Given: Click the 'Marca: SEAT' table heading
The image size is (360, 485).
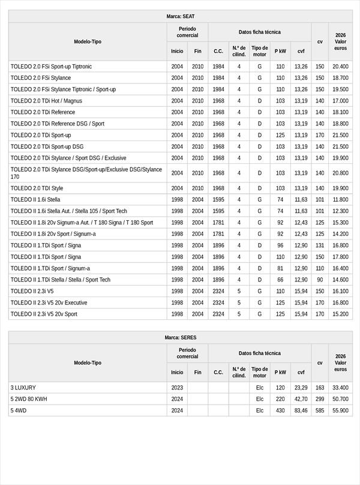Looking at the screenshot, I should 180,16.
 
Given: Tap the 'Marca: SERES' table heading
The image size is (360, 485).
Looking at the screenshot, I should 180,337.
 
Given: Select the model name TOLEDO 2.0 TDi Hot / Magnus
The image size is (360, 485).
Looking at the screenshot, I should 46,101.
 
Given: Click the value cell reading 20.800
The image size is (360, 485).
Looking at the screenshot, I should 340,173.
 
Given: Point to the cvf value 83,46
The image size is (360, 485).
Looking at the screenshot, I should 301,411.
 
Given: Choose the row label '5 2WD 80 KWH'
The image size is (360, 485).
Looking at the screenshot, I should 29,399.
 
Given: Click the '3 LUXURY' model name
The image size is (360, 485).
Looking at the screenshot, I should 23,388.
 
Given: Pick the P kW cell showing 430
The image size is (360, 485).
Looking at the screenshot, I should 280,411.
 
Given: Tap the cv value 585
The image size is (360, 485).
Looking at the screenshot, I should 320,411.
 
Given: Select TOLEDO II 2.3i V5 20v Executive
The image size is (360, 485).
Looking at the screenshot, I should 49,303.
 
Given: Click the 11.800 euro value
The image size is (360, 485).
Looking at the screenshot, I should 340,200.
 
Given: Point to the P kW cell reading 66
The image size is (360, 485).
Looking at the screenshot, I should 280,280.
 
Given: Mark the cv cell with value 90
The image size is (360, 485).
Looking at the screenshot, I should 320,280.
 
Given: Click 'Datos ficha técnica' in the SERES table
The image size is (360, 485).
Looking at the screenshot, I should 259,354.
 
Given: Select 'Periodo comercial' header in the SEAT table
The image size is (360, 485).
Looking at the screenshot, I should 187,32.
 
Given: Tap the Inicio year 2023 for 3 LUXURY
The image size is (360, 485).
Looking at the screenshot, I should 177,388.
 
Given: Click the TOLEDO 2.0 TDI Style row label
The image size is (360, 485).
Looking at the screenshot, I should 37,188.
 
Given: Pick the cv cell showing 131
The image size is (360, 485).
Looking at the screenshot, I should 320,246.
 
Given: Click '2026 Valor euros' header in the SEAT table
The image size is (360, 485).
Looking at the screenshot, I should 340,41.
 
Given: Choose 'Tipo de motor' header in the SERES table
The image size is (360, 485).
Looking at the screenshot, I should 259,372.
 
